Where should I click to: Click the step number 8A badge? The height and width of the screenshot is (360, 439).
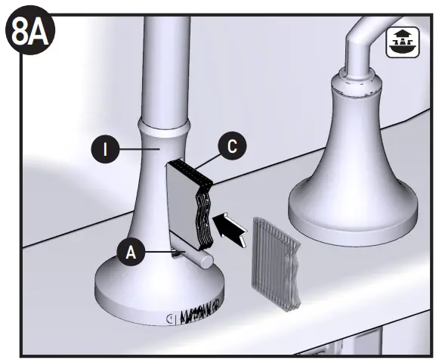28,32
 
